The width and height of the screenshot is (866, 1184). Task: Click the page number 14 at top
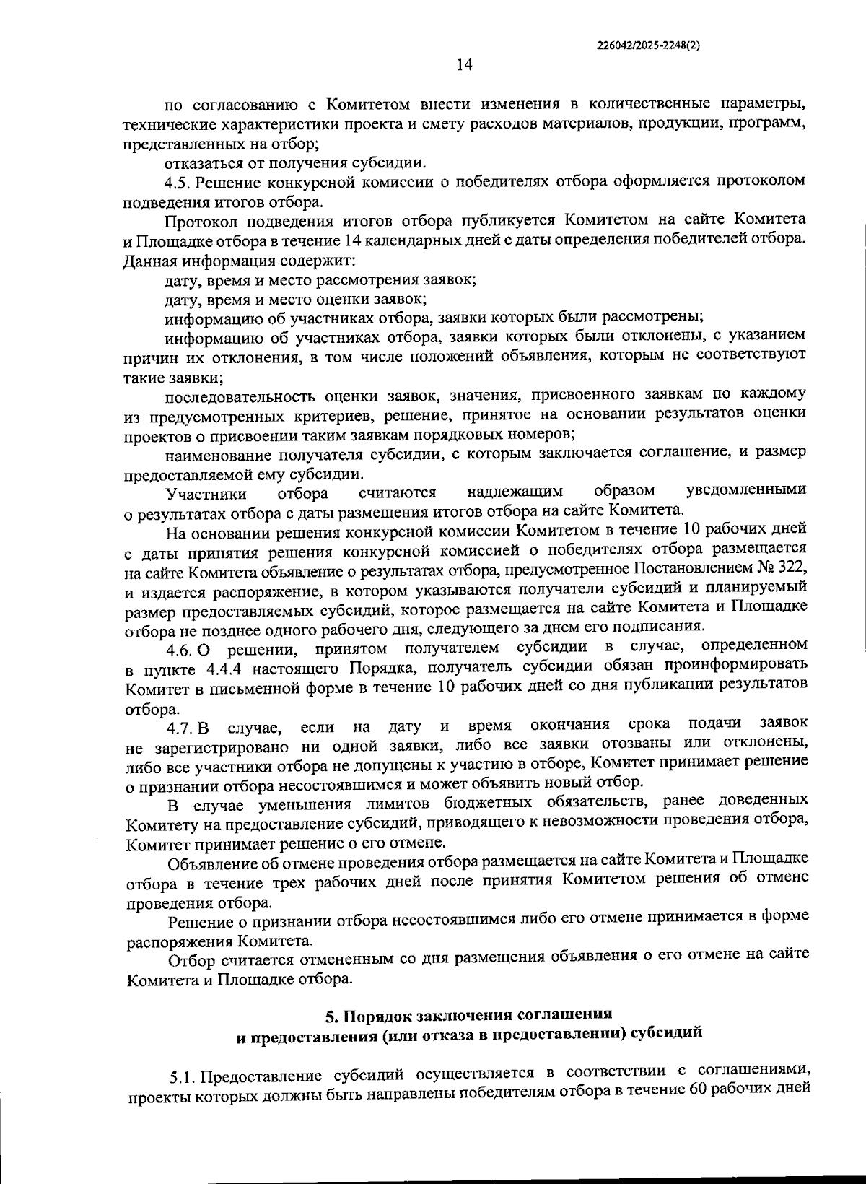[464, 65]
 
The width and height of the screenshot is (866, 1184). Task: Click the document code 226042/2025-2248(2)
[649, 45]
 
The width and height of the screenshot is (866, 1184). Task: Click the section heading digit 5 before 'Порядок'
[331, 1017]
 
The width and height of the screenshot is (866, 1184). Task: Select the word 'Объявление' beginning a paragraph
[209, 862]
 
